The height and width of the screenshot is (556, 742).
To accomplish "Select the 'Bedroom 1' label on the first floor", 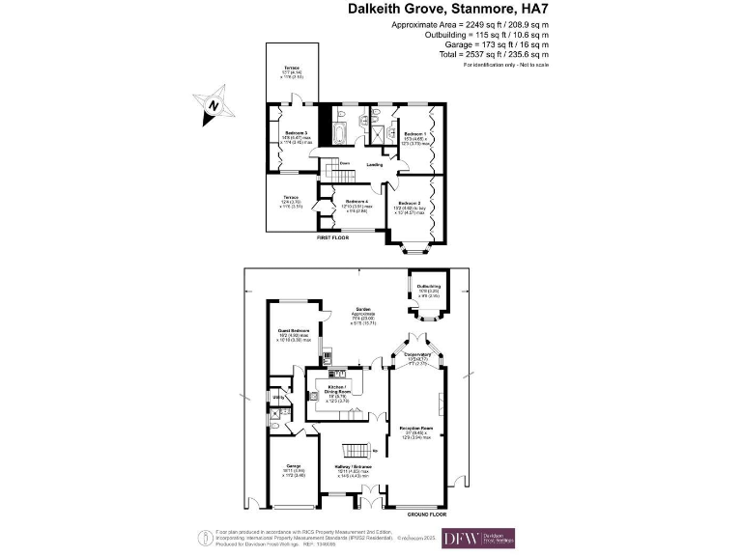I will [x=415, y=133].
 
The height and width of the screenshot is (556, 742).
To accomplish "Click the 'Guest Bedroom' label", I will [x=293, y=330].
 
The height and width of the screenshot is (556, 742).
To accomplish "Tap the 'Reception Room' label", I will [x=417, y=426].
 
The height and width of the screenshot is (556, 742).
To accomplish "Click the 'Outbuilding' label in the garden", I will [x=428, y=287].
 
